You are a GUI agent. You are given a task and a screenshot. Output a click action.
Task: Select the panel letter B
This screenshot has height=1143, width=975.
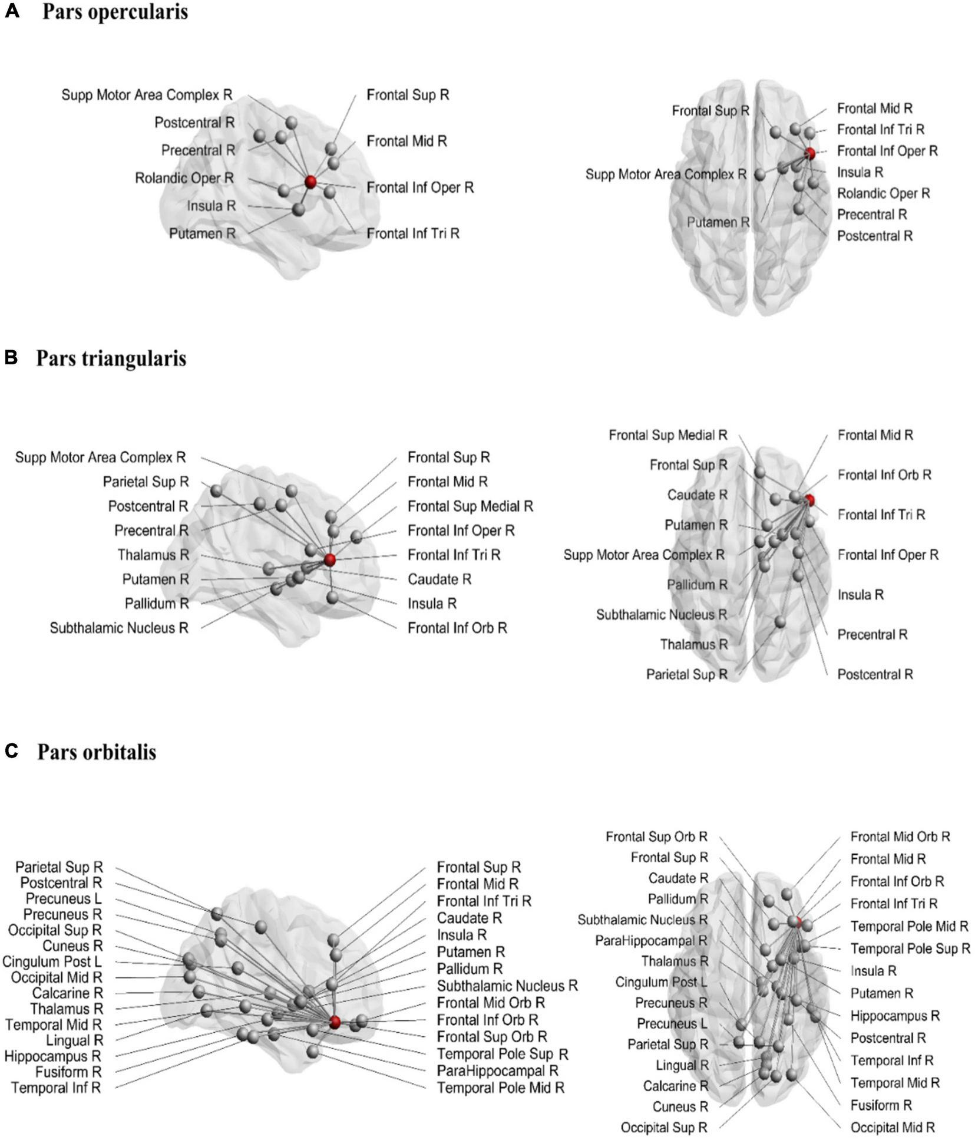(x=11, y=357)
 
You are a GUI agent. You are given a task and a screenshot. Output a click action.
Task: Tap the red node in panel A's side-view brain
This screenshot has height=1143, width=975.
(x=310, y=182)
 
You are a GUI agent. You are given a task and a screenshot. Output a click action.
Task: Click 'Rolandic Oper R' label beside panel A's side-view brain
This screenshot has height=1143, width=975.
(x=184, y=178)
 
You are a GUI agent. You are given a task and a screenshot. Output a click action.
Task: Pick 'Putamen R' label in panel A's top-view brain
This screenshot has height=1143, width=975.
(x=718, y=222)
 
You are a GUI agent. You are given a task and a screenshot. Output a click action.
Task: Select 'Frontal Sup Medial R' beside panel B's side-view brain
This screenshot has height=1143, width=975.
(x=470, y=506)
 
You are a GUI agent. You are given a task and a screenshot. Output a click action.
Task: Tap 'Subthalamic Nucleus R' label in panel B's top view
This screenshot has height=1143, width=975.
(x=661, y=615)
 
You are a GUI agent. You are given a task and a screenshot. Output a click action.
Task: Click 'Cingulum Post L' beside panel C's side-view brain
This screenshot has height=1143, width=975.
(x=52, y=961)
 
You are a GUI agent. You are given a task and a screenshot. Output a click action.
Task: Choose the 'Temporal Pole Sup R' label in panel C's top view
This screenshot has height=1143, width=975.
(x=910, y=948)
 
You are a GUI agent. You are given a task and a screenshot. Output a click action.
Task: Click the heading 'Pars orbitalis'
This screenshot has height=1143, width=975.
(x=97, y=752)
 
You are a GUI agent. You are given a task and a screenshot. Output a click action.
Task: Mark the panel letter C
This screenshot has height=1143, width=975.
(x=11, y=751)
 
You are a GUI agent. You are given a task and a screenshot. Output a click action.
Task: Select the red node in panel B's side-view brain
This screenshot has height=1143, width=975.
(x=329, y=559)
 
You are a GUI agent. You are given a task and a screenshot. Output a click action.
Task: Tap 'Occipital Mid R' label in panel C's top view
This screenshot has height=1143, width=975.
(x=892, y=1128)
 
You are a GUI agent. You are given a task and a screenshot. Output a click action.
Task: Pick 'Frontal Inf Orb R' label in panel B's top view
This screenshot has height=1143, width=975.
(x=884, y=475)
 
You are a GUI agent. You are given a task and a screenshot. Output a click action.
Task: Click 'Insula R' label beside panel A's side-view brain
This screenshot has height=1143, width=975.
(x=211, y=206)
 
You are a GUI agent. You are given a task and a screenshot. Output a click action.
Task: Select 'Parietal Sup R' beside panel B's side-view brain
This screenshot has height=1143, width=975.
(x=146, y=482)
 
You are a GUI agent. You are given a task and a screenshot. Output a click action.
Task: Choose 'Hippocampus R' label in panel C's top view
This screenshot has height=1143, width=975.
(x=895, y=1016)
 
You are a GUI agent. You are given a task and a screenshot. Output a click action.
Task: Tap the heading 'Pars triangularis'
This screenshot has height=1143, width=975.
(x=111, y=358)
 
